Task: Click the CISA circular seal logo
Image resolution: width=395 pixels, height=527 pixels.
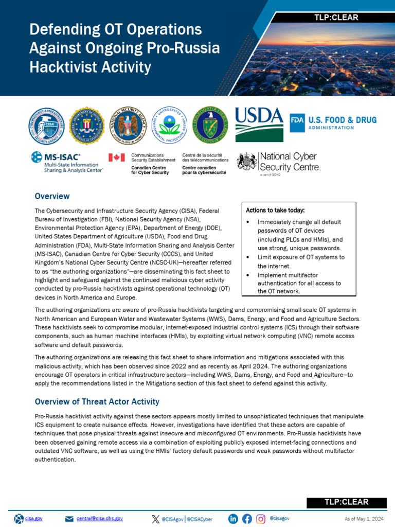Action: (x=46, y=126)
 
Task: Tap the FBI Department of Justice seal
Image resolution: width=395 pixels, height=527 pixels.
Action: (x=86, y=126)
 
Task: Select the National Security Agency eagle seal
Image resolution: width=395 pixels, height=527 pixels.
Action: (x=128, y=126)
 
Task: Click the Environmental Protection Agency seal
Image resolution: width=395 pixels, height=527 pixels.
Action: (x=169, y=126)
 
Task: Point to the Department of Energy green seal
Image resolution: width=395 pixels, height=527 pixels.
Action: (x=209, y=126)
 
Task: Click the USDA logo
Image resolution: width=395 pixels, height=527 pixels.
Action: (x=259, y=124)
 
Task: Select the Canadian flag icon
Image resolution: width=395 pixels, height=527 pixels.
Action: (x=117, y=157)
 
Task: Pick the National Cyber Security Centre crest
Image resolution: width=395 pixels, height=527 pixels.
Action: (x=247, y=162)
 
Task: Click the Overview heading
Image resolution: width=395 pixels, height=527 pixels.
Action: (x=52, y=196)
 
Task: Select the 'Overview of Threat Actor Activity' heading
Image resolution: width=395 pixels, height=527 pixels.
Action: (x=97, y=401)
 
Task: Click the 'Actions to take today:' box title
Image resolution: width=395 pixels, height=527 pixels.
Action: (x=275, y=210)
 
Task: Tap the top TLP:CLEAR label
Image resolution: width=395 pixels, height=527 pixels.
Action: (x=336, y=17)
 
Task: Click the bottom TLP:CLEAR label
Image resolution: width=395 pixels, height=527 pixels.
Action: (x=345, y=502)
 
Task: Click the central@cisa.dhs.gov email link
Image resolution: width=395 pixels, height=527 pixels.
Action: (x=100, y=518)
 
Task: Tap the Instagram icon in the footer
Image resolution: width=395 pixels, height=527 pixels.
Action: (x=261, y=518)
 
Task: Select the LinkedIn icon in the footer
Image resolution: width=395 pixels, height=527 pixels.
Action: (x=233, y=518)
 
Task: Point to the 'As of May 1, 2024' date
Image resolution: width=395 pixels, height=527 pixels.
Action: (x=363, y=518)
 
